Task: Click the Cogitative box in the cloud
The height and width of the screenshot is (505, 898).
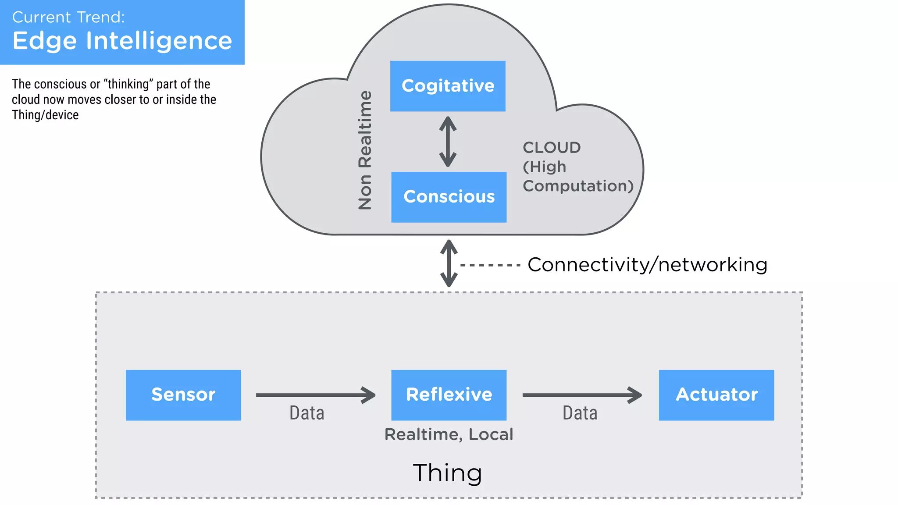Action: click(448, 86)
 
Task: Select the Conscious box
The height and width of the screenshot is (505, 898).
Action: click(449, 197)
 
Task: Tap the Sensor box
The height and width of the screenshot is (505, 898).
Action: click(183, 395)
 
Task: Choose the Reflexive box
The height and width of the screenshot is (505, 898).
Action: click(449, 395)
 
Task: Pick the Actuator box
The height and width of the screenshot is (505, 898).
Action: click(716, 395)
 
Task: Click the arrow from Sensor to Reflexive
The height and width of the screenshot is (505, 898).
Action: click(315, 395)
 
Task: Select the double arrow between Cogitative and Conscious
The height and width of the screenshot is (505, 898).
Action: click(448, 142)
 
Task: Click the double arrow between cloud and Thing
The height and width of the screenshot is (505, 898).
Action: click(449, 263)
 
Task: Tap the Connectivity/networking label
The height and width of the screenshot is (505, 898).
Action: click(647, 265)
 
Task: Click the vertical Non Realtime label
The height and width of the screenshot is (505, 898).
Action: click(365, 150)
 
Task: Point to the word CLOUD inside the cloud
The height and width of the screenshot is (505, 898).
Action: click(551, 148)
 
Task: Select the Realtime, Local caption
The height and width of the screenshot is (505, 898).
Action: click(449, 434)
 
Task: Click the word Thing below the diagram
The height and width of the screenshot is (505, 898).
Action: click(447, 473)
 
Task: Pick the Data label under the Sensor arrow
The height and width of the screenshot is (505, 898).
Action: click(306, 413)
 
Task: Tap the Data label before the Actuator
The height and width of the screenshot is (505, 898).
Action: click(580, 413)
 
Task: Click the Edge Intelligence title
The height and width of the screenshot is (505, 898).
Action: click(122, 41)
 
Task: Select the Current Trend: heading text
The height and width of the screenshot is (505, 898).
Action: click(68, 17)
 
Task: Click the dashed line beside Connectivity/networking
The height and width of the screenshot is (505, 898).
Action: click(490, 265)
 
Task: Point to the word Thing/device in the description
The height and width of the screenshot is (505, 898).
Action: click(45, 115)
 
